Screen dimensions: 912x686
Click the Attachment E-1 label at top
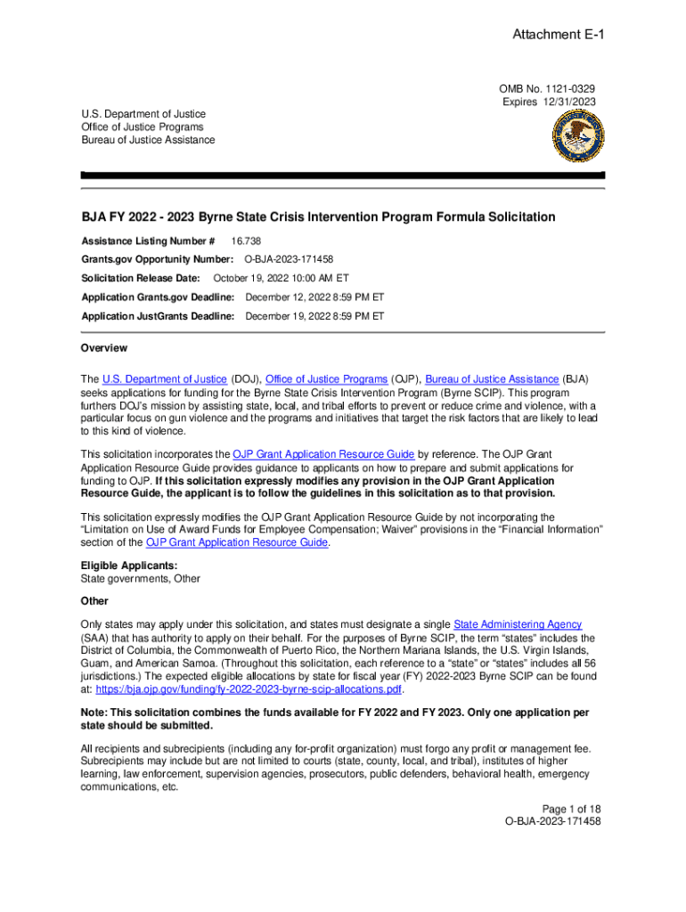(553, 35)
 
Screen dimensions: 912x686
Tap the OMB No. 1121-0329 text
(547, 89)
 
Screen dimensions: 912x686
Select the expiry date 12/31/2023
(568, 102)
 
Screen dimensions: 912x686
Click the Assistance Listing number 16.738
(246, 241)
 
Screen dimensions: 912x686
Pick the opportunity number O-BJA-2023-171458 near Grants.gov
(289, 259)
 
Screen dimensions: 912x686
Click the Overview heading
(104, 348)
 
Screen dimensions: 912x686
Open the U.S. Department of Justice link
(165, 379)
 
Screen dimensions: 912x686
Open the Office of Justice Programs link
(326, 379)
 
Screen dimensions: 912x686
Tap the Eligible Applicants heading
(117, 566)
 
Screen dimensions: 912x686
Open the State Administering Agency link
(518, 625)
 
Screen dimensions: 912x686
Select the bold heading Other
(94, 601)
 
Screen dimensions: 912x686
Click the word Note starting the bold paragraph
(94, 714)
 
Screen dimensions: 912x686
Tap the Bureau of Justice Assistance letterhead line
(148, 140)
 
